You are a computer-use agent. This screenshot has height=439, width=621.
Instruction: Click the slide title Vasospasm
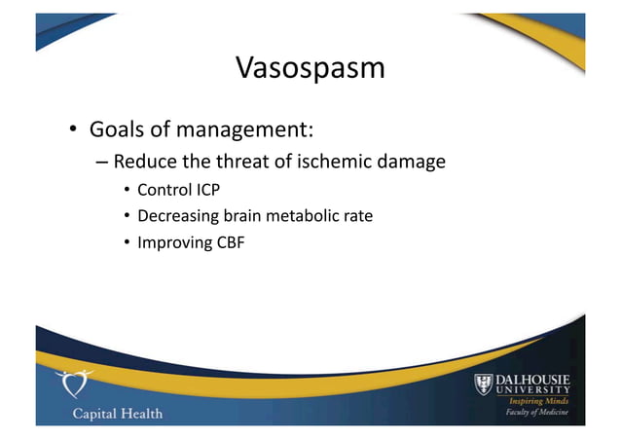coord(310,68)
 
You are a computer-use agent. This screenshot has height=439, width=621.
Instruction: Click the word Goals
coord(120,129)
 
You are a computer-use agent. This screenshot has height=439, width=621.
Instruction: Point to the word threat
coord(252,162)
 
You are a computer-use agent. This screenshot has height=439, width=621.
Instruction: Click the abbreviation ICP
coord(205,189)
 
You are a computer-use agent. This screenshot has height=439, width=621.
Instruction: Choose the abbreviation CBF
coord(230,241)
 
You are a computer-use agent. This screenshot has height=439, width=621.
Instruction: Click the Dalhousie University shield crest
coord(486,385)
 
